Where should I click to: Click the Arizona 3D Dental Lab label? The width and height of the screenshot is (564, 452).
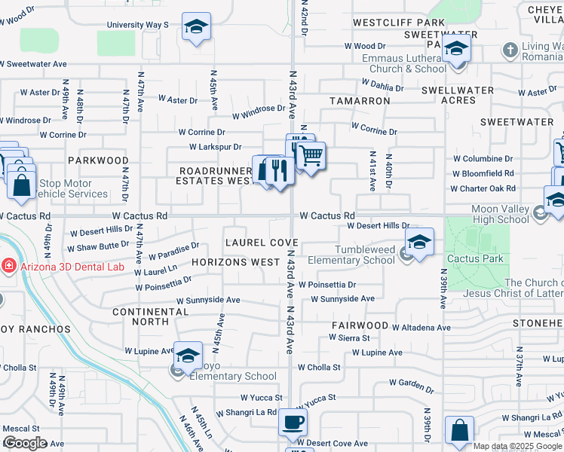63,266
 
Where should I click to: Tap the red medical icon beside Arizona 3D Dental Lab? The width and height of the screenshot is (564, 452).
8,266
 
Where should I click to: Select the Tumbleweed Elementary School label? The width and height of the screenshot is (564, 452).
354,255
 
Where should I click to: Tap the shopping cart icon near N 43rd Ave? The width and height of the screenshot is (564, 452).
310,157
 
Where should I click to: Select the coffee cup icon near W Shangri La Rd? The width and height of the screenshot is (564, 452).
293,423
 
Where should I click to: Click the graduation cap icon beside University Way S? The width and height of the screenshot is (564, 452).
196,28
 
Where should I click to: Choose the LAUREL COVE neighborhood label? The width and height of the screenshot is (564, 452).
262,243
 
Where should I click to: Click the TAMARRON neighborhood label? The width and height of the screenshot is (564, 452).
359,100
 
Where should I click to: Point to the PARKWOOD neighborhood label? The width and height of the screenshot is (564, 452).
98,160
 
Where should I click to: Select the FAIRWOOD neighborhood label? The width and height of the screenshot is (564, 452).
360,325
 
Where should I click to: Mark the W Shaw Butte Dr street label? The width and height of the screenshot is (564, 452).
98,246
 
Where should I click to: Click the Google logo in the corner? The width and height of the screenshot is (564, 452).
25,443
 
